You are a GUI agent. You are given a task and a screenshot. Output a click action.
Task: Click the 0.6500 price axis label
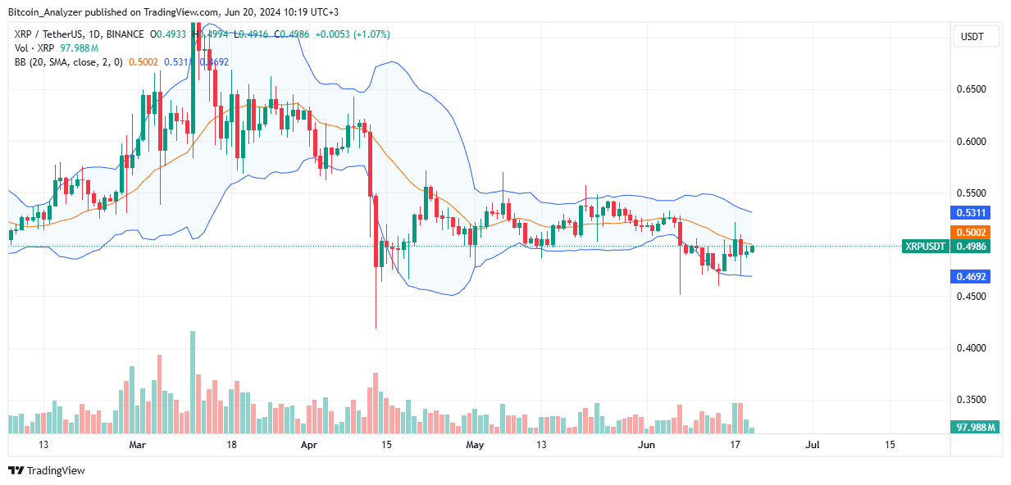point(973,89)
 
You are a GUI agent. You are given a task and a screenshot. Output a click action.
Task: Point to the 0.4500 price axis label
point(973,297)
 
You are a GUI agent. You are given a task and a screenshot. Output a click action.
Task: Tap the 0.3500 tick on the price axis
point(973,400)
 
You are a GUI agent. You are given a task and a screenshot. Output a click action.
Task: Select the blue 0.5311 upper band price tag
point(973,212)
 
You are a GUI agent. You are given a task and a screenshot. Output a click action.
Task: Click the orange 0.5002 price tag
point(973,232)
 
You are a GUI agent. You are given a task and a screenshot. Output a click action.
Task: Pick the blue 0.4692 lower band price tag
point(973,277)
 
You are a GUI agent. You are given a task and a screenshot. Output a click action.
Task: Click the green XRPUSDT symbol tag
point(925,246)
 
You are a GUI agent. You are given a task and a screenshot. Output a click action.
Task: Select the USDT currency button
point(975,37)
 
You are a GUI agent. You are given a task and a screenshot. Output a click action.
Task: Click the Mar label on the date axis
point(137,445)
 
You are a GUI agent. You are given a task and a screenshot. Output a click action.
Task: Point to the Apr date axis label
point(309,445)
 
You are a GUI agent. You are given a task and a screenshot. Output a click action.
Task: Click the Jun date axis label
point(647,445)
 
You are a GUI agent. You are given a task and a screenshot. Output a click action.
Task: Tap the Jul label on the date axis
point(813,445)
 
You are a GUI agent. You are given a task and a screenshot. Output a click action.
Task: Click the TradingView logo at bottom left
point(47,471)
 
